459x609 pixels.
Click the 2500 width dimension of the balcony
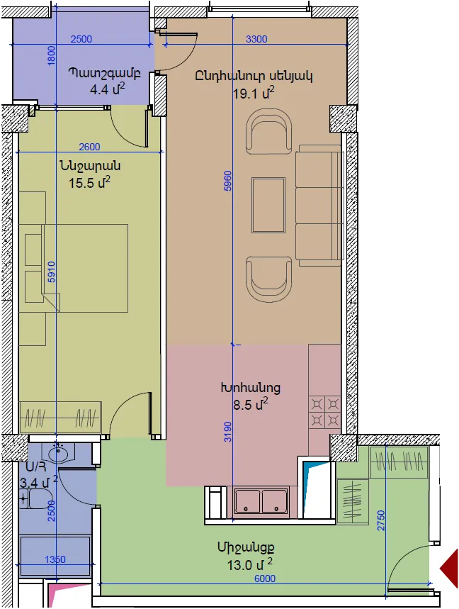point(81,39)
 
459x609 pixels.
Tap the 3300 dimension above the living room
point(256,39)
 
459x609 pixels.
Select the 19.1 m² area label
point(254,93)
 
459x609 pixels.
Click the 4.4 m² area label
point(108,90)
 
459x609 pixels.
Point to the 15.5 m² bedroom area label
point(90,182)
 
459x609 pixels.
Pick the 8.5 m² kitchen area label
point(251,405)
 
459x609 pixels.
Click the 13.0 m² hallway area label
point(250,565)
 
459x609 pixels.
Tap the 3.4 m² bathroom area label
point(39,483)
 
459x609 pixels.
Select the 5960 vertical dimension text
point(228,181)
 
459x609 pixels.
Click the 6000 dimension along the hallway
point(265,579)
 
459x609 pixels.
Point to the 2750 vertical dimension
point(380,520)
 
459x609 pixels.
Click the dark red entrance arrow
point(449,569)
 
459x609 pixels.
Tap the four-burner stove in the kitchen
point(324,412)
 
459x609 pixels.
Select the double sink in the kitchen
point(261,501)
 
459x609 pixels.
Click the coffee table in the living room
point(268,205)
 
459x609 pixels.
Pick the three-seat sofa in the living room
point(319,206)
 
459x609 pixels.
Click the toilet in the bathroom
point(37,499)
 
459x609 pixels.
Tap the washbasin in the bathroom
point(59,454)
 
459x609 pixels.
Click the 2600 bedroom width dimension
point(89,147)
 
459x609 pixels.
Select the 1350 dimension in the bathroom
point(55,559)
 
